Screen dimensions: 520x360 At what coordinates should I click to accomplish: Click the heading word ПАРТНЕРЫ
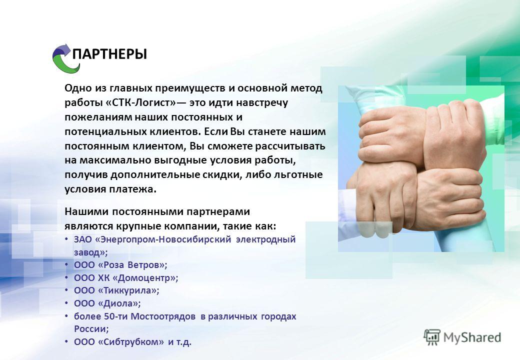(109, 54)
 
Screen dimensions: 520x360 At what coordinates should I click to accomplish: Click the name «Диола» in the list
(118, 303)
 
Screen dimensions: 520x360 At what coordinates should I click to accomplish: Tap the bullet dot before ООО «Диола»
(66, 303)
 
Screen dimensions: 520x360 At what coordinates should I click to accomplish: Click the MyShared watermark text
(472, 338)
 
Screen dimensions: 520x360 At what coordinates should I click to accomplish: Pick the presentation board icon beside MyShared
(432, 337)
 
